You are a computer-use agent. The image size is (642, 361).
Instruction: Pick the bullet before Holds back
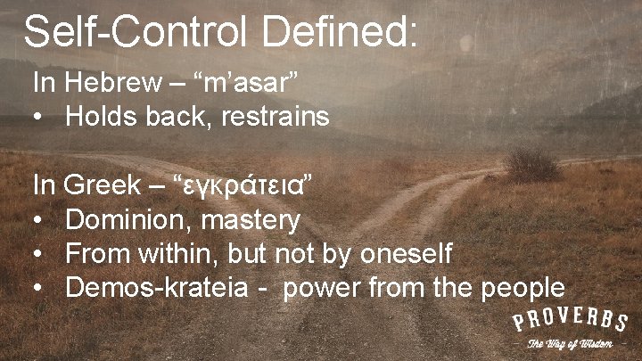click(x=39, y=117)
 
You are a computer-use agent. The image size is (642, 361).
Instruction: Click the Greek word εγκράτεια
click(x=246, y=187)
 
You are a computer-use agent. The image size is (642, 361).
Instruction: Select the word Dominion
click(x=123, y=219)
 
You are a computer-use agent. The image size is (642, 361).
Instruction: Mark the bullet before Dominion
click(x=39, y=220)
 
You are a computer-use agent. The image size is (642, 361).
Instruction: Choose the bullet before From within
click(x=39, y=254)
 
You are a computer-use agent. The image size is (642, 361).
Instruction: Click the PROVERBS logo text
click(x=570, y=322)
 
